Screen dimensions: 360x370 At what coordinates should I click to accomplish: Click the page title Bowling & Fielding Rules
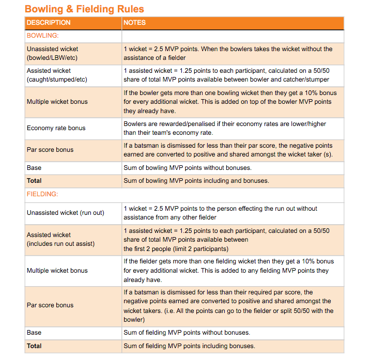coord(84,9)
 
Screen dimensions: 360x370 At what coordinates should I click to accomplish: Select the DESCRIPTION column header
coord(49,23)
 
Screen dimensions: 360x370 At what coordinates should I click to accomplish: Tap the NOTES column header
coord(134,23)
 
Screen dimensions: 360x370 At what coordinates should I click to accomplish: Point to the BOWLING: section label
coord(43,36)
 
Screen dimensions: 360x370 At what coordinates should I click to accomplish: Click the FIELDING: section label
coord(42,194)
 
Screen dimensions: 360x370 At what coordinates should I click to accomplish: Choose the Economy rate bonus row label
coord(56,128)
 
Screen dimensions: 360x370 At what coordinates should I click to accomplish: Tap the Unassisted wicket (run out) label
coord(65,213)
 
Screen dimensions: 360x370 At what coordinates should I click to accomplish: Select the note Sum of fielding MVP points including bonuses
coord(189,346)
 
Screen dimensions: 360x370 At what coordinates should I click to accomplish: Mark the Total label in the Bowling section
coord(34,181)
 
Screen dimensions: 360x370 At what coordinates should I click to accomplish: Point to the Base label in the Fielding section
coord(34,333)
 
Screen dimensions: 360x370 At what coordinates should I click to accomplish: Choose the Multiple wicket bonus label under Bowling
coord(57,102)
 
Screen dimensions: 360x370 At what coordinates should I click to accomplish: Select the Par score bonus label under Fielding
coord(50,305)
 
